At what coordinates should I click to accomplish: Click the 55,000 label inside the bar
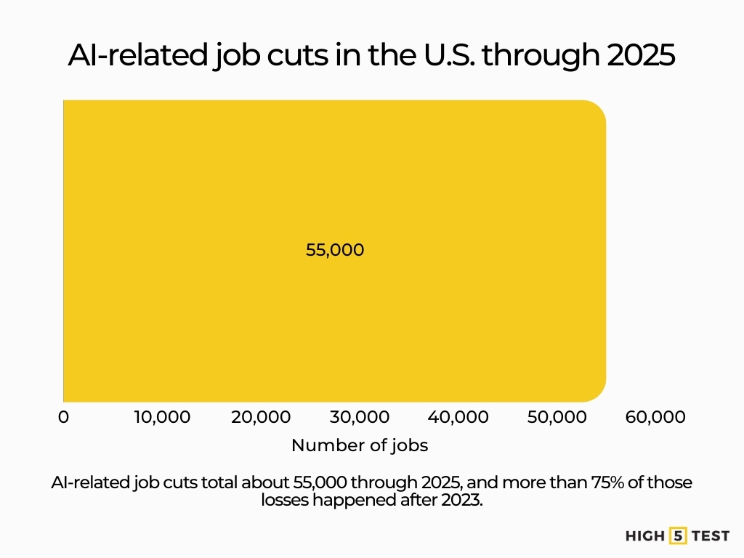335,251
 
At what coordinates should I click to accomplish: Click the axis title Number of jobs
360,445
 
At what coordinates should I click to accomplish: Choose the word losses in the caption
286,501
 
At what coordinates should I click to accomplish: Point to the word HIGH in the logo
644,536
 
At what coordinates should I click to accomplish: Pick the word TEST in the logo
710,536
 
